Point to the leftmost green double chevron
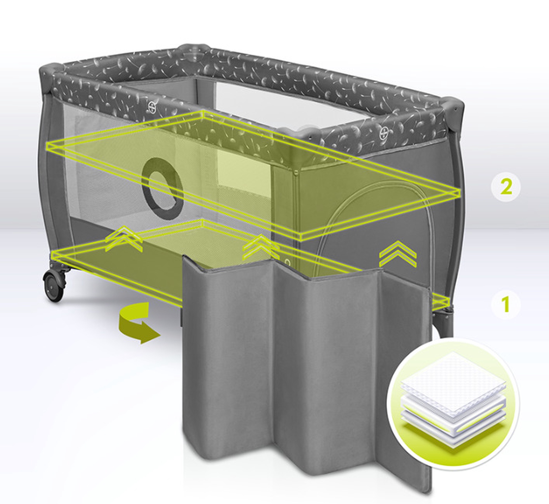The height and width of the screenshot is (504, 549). tap(124, 238)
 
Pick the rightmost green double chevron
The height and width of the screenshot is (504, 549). tap(398, 254)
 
